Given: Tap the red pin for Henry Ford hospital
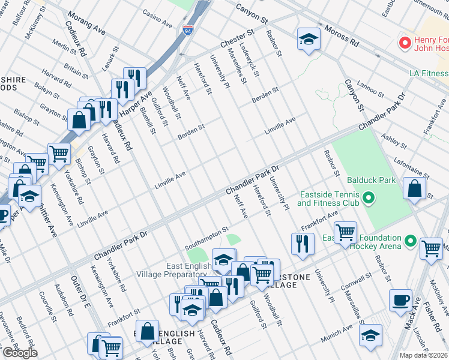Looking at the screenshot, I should pos(405,43).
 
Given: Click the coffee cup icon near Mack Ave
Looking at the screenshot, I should pos(400,300).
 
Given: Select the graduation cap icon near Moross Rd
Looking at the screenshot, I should pos(309,40).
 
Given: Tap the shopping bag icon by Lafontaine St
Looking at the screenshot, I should pos(415,188).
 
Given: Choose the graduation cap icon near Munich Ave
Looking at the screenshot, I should pos(371,334).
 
